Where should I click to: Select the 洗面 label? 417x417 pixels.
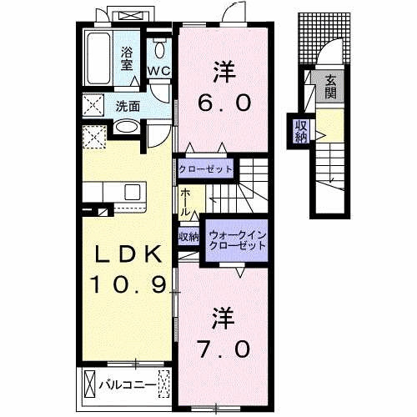[x=128, y=106]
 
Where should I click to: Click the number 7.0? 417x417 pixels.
[x=224, y=349]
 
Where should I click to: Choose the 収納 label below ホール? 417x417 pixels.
[x=188, y=236]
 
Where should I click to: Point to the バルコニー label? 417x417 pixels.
[x=124, y=385]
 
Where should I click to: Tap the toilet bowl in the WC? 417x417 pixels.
[x=158, y=46]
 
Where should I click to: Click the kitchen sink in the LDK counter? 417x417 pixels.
[x=133, y=193]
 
